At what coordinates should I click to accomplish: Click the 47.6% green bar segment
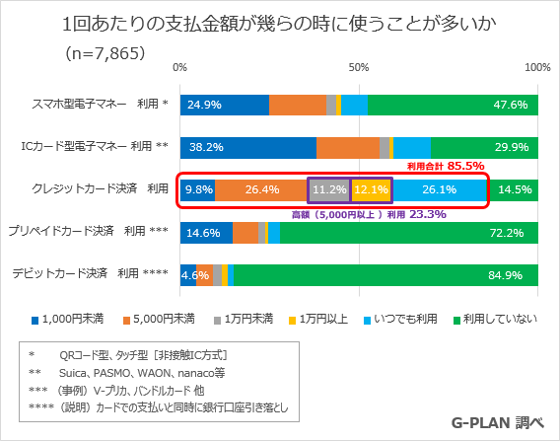tap(453, 105)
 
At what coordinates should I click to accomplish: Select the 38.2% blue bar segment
tap(248, 147)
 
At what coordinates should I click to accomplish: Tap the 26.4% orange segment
tap(261, 189)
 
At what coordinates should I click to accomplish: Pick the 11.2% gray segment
tap(328, 189)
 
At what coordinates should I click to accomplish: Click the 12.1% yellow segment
tap(371, 189)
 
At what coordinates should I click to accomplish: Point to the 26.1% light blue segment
tap(439, 189)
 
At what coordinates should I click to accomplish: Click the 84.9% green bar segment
tap(385, 275)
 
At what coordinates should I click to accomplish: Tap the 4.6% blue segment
tap(188, 275)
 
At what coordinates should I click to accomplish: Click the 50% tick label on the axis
tap(359, 67)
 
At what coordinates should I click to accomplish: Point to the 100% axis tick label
tap(537, 67)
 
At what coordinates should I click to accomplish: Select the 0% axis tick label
tap(179, 67)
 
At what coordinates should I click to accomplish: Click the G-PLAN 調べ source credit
tap(498, 421)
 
